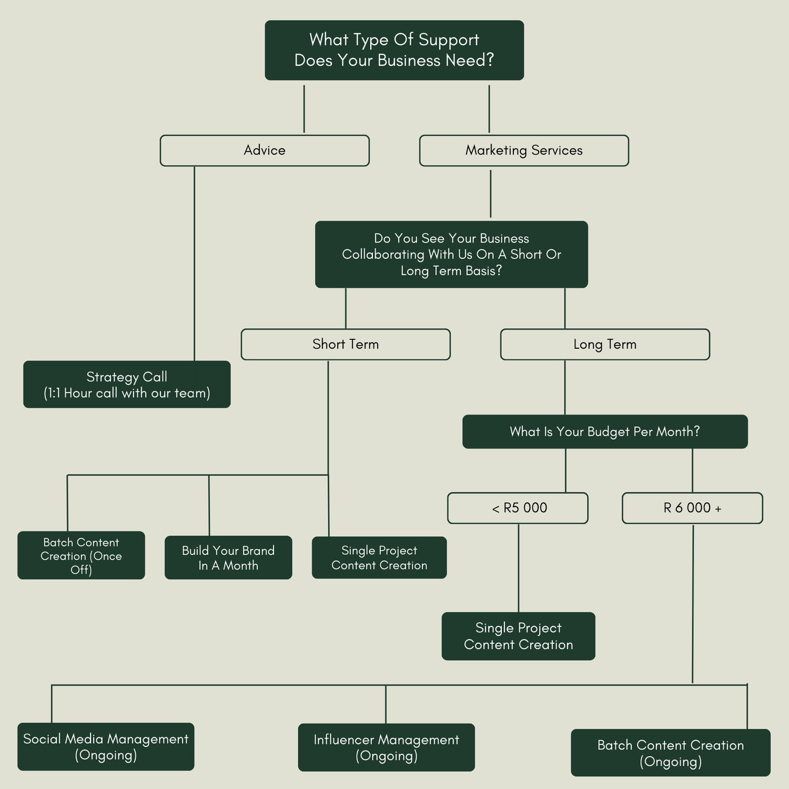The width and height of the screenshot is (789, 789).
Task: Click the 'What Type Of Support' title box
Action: tap(394, 50)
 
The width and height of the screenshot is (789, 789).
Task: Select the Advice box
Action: tap(265, 150)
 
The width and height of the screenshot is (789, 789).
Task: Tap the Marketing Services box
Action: tap(524, 150)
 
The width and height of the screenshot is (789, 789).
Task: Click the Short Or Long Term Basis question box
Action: tap(451, 255)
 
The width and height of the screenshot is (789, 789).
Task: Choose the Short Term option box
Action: tap(346, 345)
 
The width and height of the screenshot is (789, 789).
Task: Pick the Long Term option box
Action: tap(605, 345)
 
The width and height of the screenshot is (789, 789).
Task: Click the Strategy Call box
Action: tap(127, 385)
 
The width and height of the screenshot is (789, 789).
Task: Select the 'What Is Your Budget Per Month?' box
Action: tap(605, 432)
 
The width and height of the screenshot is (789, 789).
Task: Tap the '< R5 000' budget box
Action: tap(518, 508)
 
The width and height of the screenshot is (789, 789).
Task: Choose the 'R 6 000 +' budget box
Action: tap(692, 508)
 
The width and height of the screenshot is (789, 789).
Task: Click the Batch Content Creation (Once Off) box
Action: tap(81, 555)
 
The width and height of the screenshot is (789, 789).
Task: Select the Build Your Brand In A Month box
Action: tap(228, 558)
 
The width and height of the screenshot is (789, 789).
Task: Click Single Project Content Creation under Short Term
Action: tap(379, 558)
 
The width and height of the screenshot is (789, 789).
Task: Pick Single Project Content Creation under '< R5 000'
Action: tap(518, 636)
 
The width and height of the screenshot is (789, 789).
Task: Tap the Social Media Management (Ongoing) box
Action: tap(106, 747)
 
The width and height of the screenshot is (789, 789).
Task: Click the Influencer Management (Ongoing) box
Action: tap(386, 747)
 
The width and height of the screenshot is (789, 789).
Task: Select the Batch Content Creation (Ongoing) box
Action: tap(671, 753)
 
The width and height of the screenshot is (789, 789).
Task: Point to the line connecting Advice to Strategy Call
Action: tap(195, 263)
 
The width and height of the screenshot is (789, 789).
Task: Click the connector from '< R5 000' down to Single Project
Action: tap(519, 568)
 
